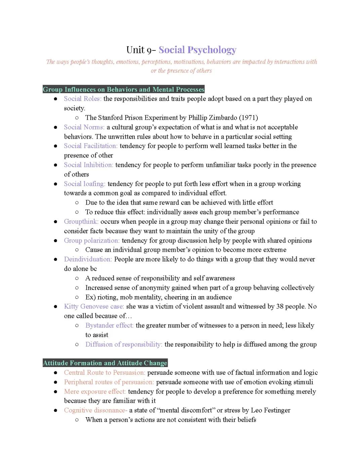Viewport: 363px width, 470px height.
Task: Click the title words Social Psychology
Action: click(x=197, y=50)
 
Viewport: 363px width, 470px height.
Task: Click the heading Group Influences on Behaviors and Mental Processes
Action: click(x=123, y=89)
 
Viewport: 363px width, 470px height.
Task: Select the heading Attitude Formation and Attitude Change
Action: click(x=105, y=363)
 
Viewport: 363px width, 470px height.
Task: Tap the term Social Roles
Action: click(x=82, y=99)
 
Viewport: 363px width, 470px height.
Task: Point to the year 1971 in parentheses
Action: click(x=248, y=117)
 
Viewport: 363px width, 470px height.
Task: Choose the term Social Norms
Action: click(x=84, y=127)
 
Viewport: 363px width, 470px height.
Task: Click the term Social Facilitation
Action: click(x=90, y=146)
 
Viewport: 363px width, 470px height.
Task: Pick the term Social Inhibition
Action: click(x=88, y=165)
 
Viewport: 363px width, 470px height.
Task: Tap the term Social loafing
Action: click(x=84, y=184)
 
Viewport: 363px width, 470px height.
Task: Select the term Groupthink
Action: click(x=81, y=221)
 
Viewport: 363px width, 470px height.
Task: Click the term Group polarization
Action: click(x=91, y=240)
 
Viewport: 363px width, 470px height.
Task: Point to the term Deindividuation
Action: click(x=88, y=259)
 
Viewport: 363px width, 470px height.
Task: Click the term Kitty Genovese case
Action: click(x=94, y=306)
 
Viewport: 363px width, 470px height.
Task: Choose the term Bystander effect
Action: click(x=109, y=325)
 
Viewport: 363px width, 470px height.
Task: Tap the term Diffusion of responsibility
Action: click(x=124, y=344)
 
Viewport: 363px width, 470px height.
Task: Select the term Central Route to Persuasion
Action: click(x=105, y=372)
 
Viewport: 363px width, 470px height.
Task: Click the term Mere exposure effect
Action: click(x=95, y=391)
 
